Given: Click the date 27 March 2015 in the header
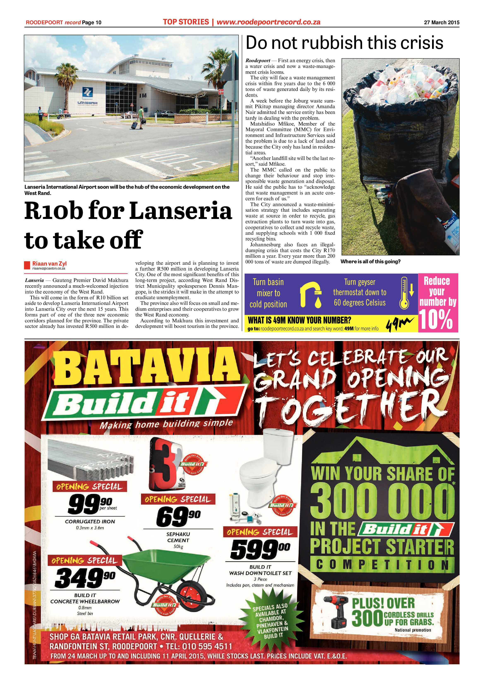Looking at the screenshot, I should (441, 22).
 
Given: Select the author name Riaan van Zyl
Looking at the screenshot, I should (49, 263).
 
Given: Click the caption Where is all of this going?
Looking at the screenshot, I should (370, 262).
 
